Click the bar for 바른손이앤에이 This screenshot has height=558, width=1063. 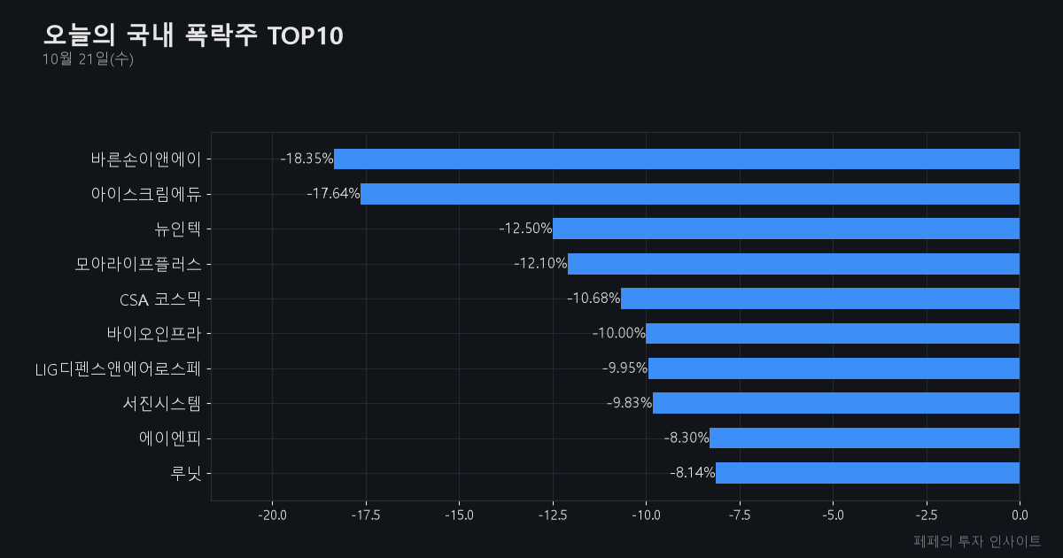click(x=677, y=159)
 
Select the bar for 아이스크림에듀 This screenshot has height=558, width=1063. click(x=690, y=194)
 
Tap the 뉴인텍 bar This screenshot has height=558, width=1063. click(x=787, y=229)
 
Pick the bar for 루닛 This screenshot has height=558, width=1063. click(x=867, y=473)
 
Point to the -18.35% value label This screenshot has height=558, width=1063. click(x=306, y=159)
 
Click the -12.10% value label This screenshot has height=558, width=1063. click(x=540, y=263)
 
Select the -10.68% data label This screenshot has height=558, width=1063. click(x=594, y=298)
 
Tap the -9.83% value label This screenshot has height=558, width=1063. click(x=629, y=403)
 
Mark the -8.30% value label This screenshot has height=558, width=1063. click(x=687, y=438)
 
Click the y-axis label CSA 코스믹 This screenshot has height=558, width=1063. click(x=160, y=299)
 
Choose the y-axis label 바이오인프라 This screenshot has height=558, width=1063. click(x=154, y=334)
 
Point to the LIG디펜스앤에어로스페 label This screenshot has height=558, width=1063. click(x=118, y=369)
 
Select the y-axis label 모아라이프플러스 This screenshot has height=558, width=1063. click(x=138, y=264)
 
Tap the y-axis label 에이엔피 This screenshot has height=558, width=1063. click(x=170, y=438)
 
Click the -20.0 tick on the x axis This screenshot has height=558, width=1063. click(x=273, y=515)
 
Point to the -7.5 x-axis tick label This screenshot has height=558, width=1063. click(x=740, y=515)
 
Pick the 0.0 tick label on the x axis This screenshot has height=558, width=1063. click(x=1020, y=515)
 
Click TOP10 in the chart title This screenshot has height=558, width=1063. click(x=305, y=36)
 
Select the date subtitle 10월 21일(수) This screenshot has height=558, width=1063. click(x=88, y=59)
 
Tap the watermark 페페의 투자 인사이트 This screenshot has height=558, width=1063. click(x=977, y=541)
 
